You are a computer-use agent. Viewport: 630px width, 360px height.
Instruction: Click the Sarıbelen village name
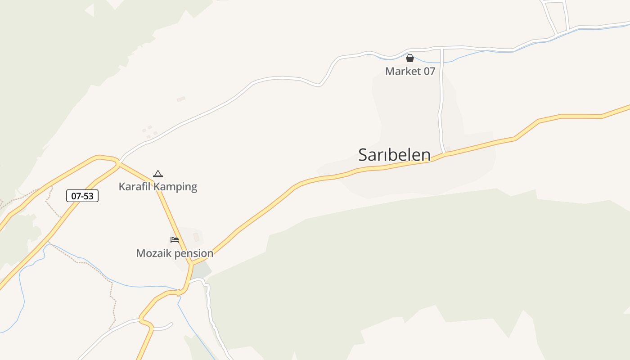[394, 155]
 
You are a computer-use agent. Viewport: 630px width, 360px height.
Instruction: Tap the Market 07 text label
[410, 71]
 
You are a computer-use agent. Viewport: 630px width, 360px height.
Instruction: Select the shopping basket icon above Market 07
[409, 58]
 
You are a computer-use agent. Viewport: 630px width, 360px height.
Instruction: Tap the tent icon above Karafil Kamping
[157, 174]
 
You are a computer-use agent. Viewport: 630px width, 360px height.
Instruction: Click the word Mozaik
[154, 253]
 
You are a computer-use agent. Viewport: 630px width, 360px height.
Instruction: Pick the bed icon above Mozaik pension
[175, 239]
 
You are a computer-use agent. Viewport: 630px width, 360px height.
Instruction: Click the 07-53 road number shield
[82, 196]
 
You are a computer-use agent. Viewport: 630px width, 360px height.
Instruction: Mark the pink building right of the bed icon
[196, 237]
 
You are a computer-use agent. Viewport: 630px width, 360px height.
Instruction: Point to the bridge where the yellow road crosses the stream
[179, 292]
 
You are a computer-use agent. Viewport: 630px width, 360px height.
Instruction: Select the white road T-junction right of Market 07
[442, 48]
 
